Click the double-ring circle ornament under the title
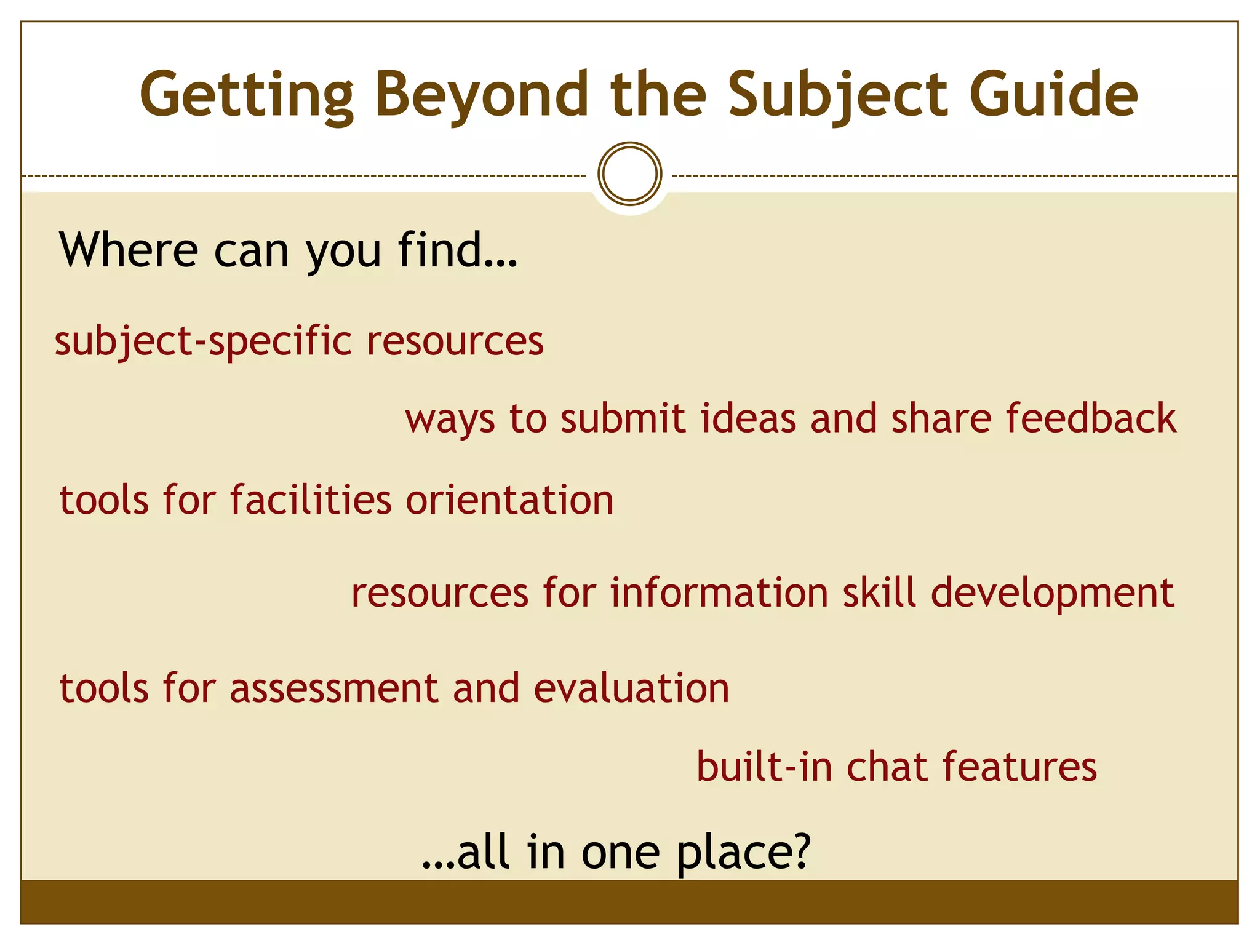click(x=629, y=174)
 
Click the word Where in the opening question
click(x=129, y=250)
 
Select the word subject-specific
click(x=204, y=341)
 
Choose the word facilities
click(x=311, y=500)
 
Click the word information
click(x=719, y=593)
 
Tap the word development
click(x=1053, y=594)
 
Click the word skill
click(x=879, y=593)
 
